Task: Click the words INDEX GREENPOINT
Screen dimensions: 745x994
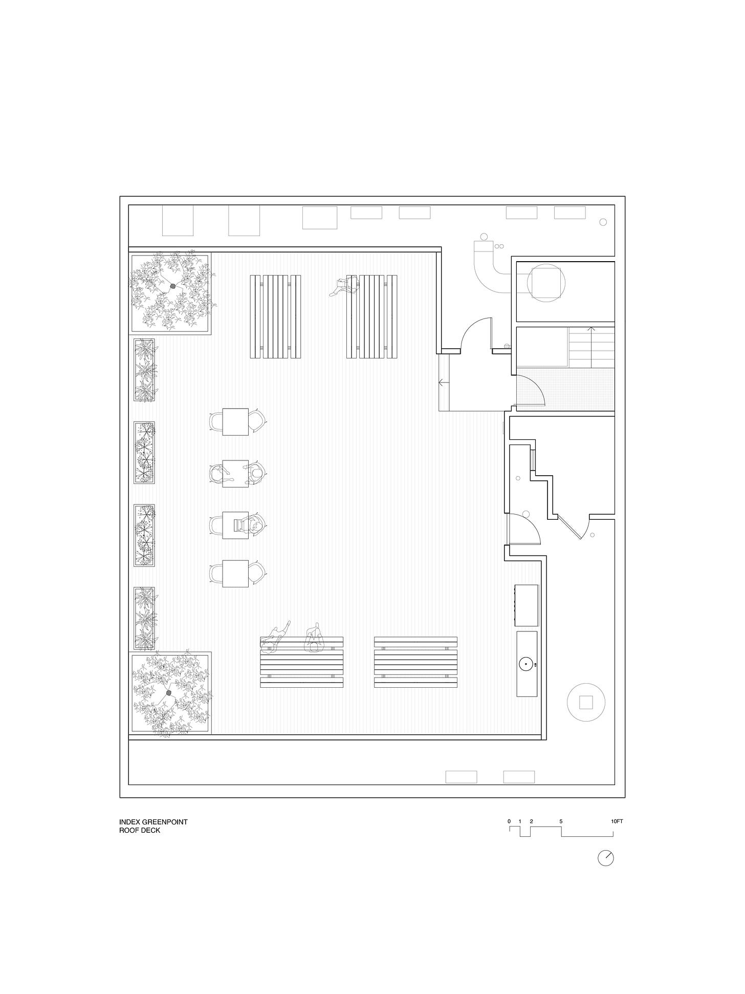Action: pyautogui.click(x=154, y=836)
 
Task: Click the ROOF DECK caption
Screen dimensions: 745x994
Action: pyautogui.click(x=140, y=844)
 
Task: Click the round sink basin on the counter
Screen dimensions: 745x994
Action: pyautogui.click(x=525, y=665)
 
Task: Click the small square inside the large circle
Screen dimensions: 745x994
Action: pyautogui.click(x=586, y=702)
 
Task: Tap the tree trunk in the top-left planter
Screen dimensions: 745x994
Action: pyautogui.click(x=173, y=286)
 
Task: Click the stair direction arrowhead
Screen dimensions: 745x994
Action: pyautogui.click(x=591, y=328)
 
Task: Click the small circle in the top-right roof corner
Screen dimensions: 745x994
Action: pyautogui.click(x=603, y=222)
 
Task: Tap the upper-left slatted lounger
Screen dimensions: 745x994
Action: pyautogui.click(x=275, y=316)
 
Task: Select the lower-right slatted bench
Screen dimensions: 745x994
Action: pyautogui.click(x=415, y=662)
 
